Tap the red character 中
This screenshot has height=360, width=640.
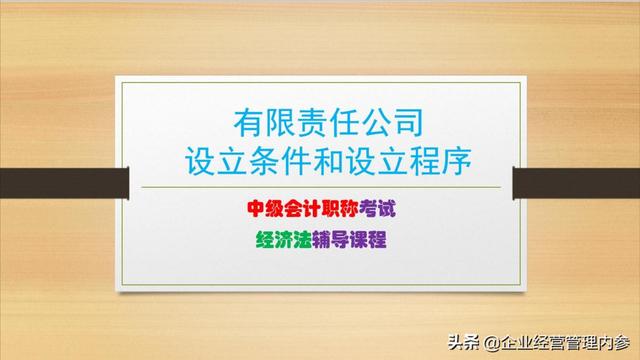(x=258, y=208)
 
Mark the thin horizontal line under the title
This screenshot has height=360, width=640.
(x=320, y=187)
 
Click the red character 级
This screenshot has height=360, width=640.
(x=279, y=208)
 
